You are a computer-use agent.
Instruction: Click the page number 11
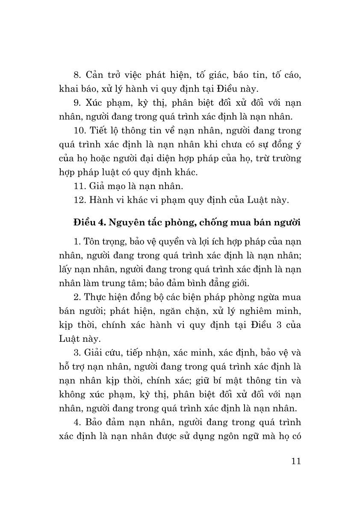pos(296,461)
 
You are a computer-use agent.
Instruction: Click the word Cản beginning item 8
pos(94,75)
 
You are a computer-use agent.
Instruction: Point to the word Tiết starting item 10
pos(99,131)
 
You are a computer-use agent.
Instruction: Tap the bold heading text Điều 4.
pos(89,223)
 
